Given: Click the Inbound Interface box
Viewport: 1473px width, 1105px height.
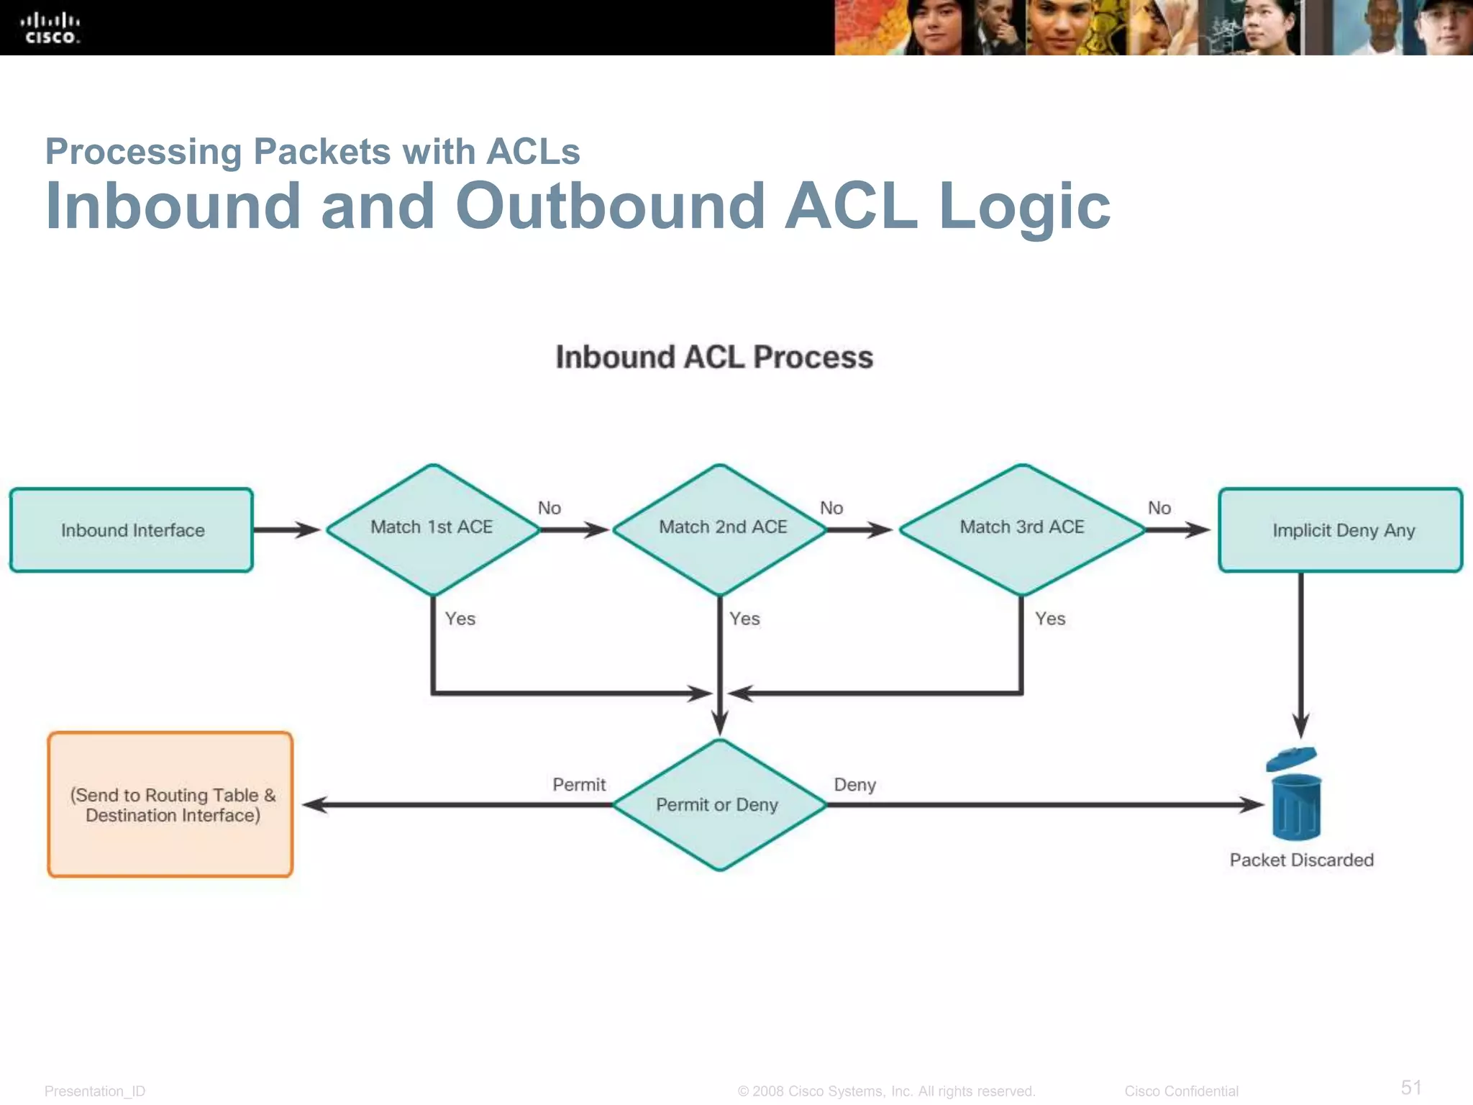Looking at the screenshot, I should (132, 530).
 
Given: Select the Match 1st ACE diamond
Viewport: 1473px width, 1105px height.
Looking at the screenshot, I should (432, 529).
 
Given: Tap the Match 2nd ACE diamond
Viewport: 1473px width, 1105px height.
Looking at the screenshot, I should (721, 529).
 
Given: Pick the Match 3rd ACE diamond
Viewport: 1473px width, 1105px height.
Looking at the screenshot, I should (1022, 529).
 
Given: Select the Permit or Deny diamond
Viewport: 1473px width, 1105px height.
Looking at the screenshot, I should (719, 805).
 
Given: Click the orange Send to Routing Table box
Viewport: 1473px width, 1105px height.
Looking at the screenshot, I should (171, 805).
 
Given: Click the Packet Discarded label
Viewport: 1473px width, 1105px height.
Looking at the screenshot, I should (1301, 860).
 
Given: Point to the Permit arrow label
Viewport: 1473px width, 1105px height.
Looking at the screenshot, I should (579, 785).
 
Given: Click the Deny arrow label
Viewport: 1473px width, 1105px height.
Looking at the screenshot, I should (854, 785).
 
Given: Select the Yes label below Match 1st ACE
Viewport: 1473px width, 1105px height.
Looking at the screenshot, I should (460, 619).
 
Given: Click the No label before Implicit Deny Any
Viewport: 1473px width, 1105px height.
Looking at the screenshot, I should (1159, 508).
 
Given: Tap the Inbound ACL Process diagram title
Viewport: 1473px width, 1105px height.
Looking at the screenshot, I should (714, 358).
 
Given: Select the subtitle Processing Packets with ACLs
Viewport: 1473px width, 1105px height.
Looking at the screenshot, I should (312, 152).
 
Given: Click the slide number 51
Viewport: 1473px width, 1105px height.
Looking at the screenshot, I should (1411, 1087).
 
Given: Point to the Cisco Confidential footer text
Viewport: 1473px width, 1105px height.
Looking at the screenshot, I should (1181, 1091).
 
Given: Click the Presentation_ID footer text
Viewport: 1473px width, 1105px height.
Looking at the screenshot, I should (95, 1091).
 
